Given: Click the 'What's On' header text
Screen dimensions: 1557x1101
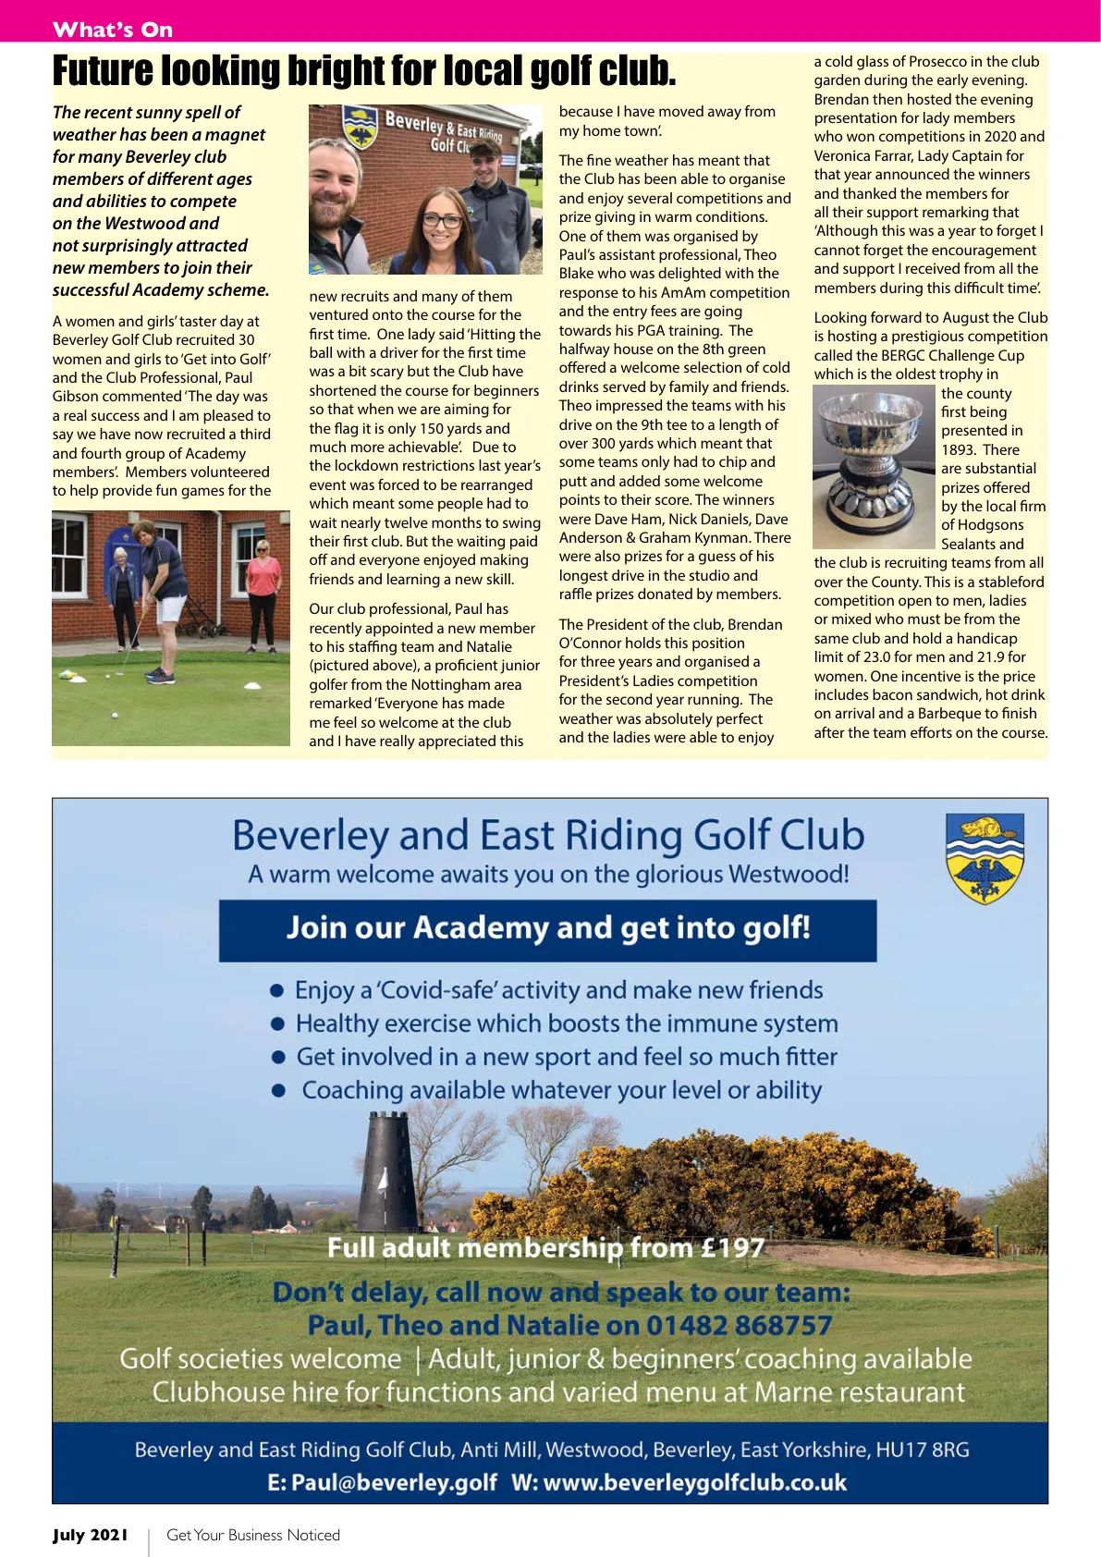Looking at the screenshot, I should tap(113, 30).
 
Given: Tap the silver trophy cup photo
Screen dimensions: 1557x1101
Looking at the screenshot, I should tap(874, 467).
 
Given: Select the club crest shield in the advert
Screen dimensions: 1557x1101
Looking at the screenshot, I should tap(985, 859).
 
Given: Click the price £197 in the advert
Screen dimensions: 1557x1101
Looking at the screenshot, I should tap(732, 1248).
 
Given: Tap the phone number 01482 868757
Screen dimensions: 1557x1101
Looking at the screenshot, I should tap(739, 1325).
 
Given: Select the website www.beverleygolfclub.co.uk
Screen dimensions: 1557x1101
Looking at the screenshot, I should tap(694, 1482).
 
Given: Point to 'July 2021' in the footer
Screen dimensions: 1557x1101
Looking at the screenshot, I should tap(91, 1535).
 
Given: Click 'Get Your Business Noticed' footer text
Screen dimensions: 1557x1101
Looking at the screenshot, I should tap(253, 1535).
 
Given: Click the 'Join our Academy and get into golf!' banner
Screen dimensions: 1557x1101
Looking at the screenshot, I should tap(547, 927).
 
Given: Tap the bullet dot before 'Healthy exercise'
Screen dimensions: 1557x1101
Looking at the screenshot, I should tap(276, 1024).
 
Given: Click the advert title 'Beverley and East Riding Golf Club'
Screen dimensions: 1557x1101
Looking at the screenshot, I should tap(547, 835).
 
